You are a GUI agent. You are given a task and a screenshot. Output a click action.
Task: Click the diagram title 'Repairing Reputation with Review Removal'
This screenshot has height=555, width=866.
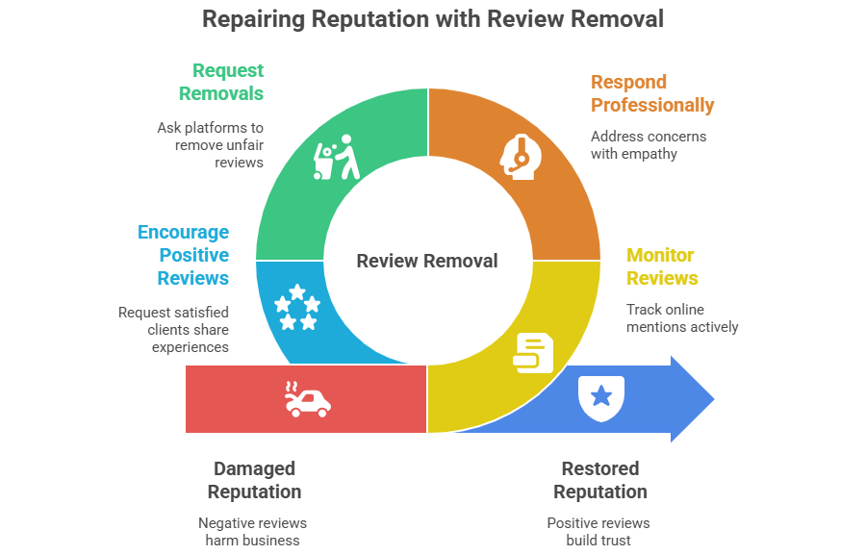432,19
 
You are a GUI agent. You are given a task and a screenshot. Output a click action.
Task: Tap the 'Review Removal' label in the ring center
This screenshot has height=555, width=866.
427,261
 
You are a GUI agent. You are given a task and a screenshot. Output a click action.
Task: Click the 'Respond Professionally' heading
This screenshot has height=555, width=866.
652,93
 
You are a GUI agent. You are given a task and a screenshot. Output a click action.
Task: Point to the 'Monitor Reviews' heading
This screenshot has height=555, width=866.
662,266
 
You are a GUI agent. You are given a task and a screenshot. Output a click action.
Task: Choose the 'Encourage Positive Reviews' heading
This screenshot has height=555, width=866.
183,255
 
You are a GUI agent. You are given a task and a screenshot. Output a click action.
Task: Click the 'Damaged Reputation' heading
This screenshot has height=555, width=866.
254,480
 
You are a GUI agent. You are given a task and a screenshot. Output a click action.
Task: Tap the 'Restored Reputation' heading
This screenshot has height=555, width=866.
600,480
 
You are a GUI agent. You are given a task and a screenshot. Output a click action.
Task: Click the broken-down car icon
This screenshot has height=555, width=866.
307,398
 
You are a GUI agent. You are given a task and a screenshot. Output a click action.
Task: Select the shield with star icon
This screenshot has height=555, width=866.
600,397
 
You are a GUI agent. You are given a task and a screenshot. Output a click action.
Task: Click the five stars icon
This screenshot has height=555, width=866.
296,307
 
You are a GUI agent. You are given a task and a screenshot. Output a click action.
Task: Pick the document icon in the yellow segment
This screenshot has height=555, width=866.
533,353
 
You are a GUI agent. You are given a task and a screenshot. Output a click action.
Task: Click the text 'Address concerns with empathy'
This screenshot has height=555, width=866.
649,144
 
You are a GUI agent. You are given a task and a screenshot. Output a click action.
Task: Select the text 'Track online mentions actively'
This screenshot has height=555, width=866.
682,317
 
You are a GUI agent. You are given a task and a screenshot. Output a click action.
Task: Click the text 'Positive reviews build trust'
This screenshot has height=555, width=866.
599,531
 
